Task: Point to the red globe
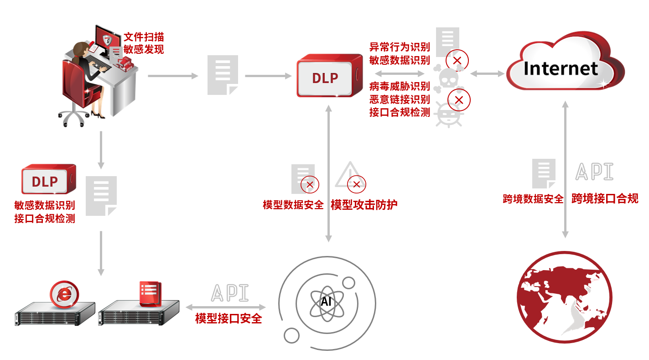[x=565, y=297]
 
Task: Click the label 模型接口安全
[x=228, y=318]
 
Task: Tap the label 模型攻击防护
[x=363, y=204]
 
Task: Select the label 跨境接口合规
[x=605, y=198]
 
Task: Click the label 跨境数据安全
[x=533, y=199]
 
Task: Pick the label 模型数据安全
[x=293, y=205]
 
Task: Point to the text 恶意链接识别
[x=400, y=99]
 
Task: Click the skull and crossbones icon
[x=447, y=79]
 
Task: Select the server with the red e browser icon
[x=55, y=310]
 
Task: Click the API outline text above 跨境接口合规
[x=594, y=171]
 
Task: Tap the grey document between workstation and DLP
[x=223, y=75]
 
